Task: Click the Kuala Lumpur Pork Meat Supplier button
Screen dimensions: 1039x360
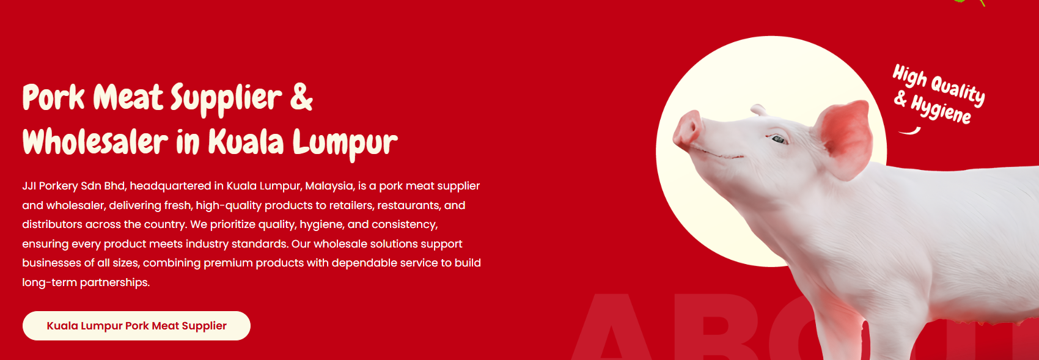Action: (136, 326)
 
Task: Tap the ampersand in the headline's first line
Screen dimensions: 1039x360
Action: (301, 97)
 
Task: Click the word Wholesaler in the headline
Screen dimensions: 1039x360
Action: (95, 141)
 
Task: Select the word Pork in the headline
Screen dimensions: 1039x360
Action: (54, 97)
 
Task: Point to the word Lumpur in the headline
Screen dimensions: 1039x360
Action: (345, 144)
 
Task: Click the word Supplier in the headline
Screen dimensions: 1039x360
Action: (226, 100)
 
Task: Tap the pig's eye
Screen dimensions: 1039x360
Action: (778, 139)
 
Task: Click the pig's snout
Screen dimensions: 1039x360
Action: (688, 128)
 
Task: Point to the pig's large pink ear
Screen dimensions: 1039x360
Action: (845, 139)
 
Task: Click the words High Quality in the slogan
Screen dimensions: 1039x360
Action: (939, 85)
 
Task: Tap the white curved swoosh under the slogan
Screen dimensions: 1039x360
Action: (909, 131)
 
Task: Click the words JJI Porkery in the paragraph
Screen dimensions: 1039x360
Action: (50, 186)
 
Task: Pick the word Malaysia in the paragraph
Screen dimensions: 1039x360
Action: (329, 186)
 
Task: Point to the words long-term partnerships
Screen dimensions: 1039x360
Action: (86, 282)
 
